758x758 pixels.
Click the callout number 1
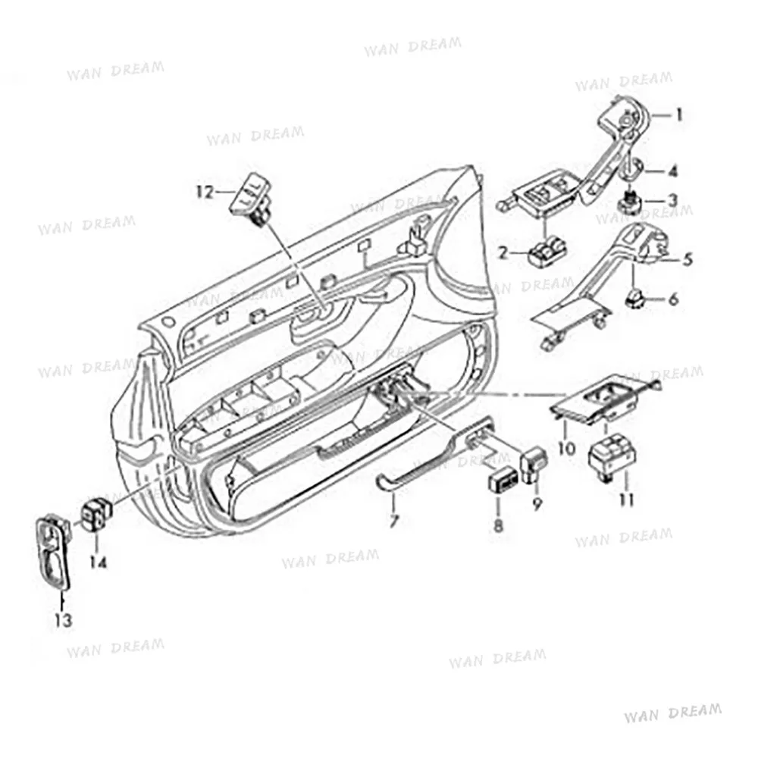tap(679, 115)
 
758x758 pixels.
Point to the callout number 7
tap(394, 520)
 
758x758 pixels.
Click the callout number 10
tap(567, 447)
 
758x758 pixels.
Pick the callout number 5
tap(688, 259)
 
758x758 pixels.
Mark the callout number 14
tap(99, 562)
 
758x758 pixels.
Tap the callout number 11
tap(626, 500)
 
